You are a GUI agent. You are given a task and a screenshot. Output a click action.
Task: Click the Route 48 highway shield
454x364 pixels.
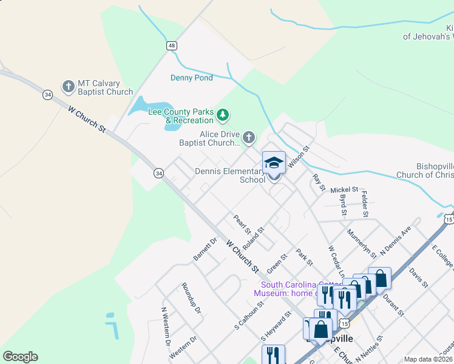[172, 45]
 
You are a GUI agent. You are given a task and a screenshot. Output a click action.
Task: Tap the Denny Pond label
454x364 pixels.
[191, 78]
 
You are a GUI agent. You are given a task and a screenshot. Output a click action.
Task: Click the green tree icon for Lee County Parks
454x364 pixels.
[223, 114]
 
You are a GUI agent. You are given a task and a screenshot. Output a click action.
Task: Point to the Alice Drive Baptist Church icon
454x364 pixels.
[249, 138]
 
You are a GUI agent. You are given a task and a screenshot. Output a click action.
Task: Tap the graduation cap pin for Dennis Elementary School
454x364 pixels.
[274, 163]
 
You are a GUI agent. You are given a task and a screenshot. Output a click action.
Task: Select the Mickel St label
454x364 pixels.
[344, 190]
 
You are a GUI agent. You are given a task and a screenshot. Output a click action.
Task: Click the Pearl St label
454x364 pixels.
[242, 223]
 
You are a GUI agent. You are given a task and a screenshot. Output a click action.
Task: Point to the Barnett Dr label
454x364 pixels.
[205, 249]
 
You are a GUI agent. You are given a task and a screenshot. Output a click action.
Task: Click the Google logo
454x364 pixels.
[20, 357]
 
